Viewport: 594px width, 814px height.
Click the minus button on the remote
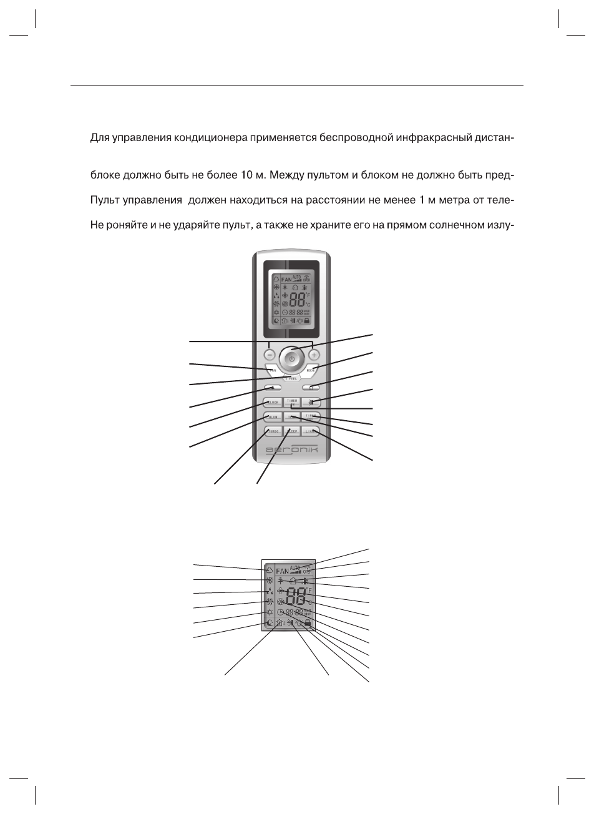tap(269, 355)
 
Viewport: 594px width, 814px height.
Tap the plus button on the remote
tap(314, 355)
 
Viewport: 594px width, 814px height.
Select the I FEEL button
tap(291, 378)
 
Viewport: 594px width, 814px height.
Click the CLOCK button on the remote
tap(272, 403)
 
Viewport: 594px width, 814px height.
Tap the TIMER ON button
tap(292, 403)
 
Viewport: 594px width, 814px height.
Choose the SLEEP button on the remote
tap(292, 431)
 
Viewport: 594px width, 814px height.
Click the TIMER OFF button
tap(311, 416)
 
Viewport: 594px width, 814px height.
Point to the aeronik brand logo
tap(292, 449)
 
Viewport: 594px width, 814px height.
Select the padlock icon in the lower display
tap(308, 623)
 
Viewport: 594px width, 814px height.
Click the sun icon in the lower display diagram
tap(269, 613)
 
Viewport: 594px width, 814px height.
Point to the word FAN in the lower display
tap(283, 571)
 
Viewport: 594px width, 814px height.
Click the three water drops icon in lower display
tap(269, 591)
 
